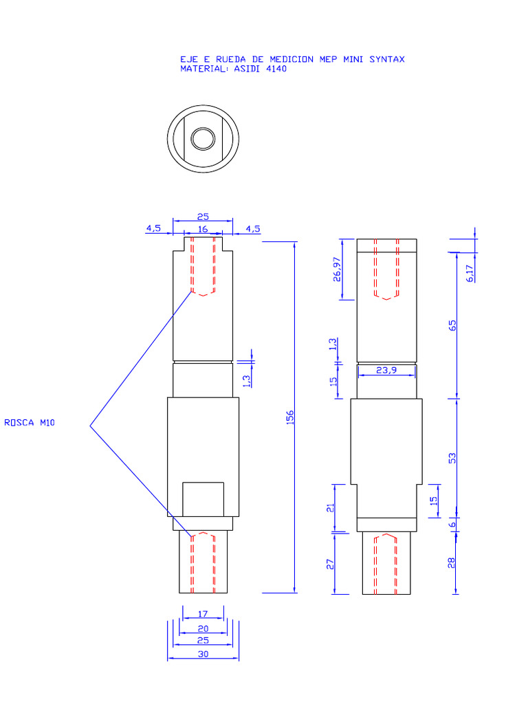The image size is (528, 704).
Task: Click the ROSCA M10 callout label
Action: (29, 423)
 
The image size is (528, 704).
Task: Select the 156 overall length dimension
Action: (289, 417)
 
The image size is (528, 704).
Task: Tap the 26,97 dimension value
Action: (335, 269)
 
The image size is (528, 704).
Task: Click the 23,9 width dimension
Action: (386, 370)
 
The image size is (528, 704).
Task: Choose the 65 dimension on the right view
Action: (452, 325)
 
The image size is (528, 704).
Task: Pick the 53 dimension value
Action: (452, 457)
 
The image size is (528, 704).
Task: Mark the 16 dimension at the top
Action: (203, 228)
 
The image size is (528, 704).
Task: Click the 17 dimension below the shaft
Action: (203, 613)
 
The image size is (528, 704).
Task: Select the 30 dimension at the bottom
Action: (203, 654)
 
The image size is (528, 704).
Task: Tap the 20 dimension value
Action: (203, 628)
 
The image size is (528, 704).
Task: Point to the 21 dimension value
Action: (330, 508)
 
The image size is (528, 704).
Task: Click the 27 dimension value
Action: (330, 564)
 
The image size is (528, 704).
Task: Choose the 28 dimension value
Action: (452, 562)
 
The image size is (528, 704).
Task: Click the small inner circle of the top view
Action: (203, 139)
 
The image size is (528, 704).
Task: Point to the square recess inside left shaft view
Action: (203, 499)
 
